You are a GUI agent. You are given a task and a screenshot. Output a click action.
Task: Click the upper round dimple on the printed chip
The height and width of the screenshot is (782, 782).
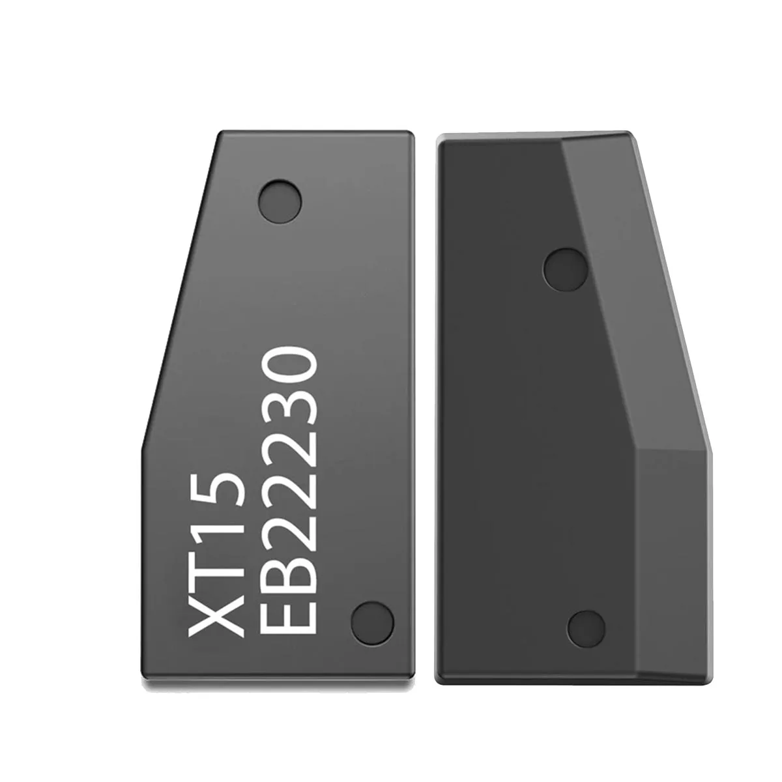(281, 199)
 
